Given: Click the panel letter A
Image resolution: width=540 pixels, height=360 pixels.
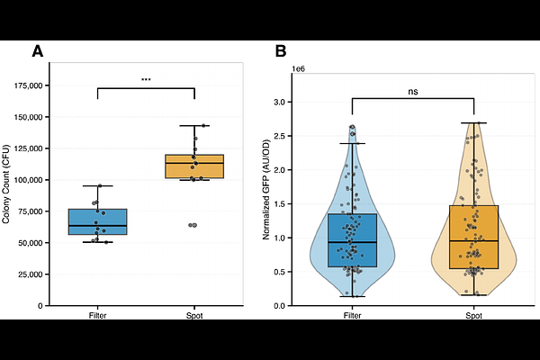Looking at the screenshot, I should coord(38,51).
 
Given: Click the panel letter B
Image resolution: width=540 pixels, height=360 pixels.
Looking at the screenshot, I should coord(280,51).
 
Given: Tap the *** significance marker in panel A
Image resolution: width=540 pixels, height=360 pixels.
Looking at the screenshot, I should coord(146,80).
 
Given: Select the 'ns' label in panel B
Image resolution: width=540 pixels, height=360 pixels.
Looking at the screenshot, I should coord(412,90).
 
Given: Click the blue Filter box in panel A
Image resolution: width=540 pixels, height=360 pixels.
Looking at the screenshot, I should coord(97,221).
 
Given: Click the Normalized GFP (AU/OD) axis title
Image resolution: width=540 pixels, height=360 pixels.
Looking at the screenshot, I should coord(266,189).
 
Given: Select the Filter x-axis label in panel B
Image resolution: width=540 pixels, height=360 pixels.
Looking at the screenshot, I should coord(352,316).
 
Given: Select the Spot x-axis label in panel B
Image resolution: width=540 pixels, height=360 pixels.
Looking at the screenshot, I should coord(473,316).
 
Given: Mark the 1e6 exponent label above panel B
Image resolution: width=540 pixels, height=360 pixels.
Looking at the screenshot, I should coord(299,68).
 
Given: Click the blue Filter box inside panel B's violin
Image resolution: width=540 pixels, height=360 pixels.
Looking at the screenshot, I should coord(352,240).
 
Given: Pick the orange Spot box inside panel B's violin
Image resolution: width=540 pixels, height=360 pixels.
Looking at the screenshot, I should coord(473,237).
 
